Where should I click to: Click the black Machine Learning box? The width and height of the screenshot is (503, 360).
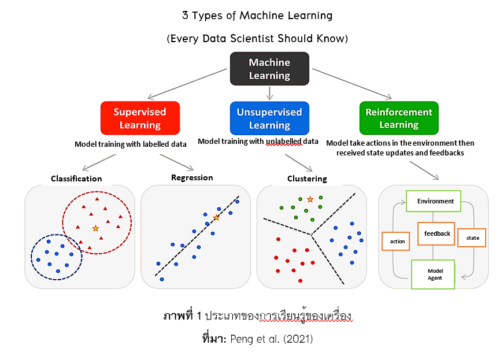point(269,69)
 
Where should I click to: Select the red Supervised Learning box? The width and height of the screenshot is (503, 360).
point(139,118)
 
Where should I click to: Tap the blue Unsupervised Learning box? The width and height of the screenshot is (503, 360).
point(269,118)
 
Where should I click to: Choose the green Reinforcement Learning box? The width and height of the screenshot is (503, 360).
point(398,118)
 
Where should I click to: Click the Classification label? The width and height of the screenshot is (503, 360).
point(76,179)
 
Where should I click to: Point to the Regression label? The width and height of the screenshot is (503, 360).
point(192,177)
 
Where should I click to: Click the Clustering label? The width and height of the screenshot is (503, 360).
point(307,179)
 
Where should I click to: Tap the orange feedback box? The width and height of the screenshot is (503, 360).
point(437,233)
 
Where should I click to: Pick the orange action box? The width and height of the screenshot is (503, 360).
point(395,241)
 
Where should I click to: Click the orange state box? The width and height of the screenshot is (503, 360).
point(472,237)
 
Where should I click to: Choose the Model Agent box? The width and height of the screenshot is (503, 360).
point(433,274)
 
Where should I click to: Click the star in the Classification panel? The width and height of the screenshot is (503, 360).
point(95,228)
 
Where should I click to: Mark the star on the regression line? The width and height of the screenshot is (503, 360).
point(216,217)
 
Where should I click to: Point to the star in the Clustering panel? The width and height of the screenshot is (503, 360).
point(310,199)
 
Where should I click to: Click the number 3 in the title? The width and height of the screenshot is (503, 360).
point(185,16)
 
